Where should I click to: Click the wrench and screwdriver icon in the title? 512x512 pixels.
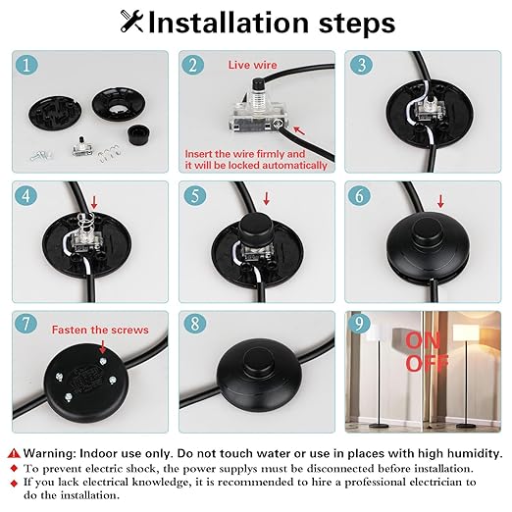131,22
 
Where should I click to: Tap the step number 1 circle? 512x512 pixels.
26,65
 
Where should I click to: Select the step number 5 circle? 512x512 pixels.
195,195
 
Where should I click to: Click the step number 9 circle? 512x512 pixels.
359,324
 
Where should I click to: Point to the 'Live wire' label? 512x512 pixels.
252,65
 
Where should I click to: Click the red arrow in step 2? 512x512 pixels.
299,130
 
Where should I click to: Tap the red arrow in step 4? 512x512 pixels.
94,202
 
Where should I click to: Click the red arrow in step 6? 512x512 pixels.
440,201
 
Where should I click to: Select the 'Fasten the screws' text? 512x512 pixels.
100,330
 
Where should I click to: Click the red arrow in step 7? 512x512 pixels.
103,346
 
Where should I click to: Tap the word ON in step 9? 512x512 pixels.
423,341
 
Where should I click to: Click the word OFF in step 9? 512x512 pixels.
427,363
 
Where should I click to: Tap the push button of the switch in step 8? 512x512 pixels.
259,360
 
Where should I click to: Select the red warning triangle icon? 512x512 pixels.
14,453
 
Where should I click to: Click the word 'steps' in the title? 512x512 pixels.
357,23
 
